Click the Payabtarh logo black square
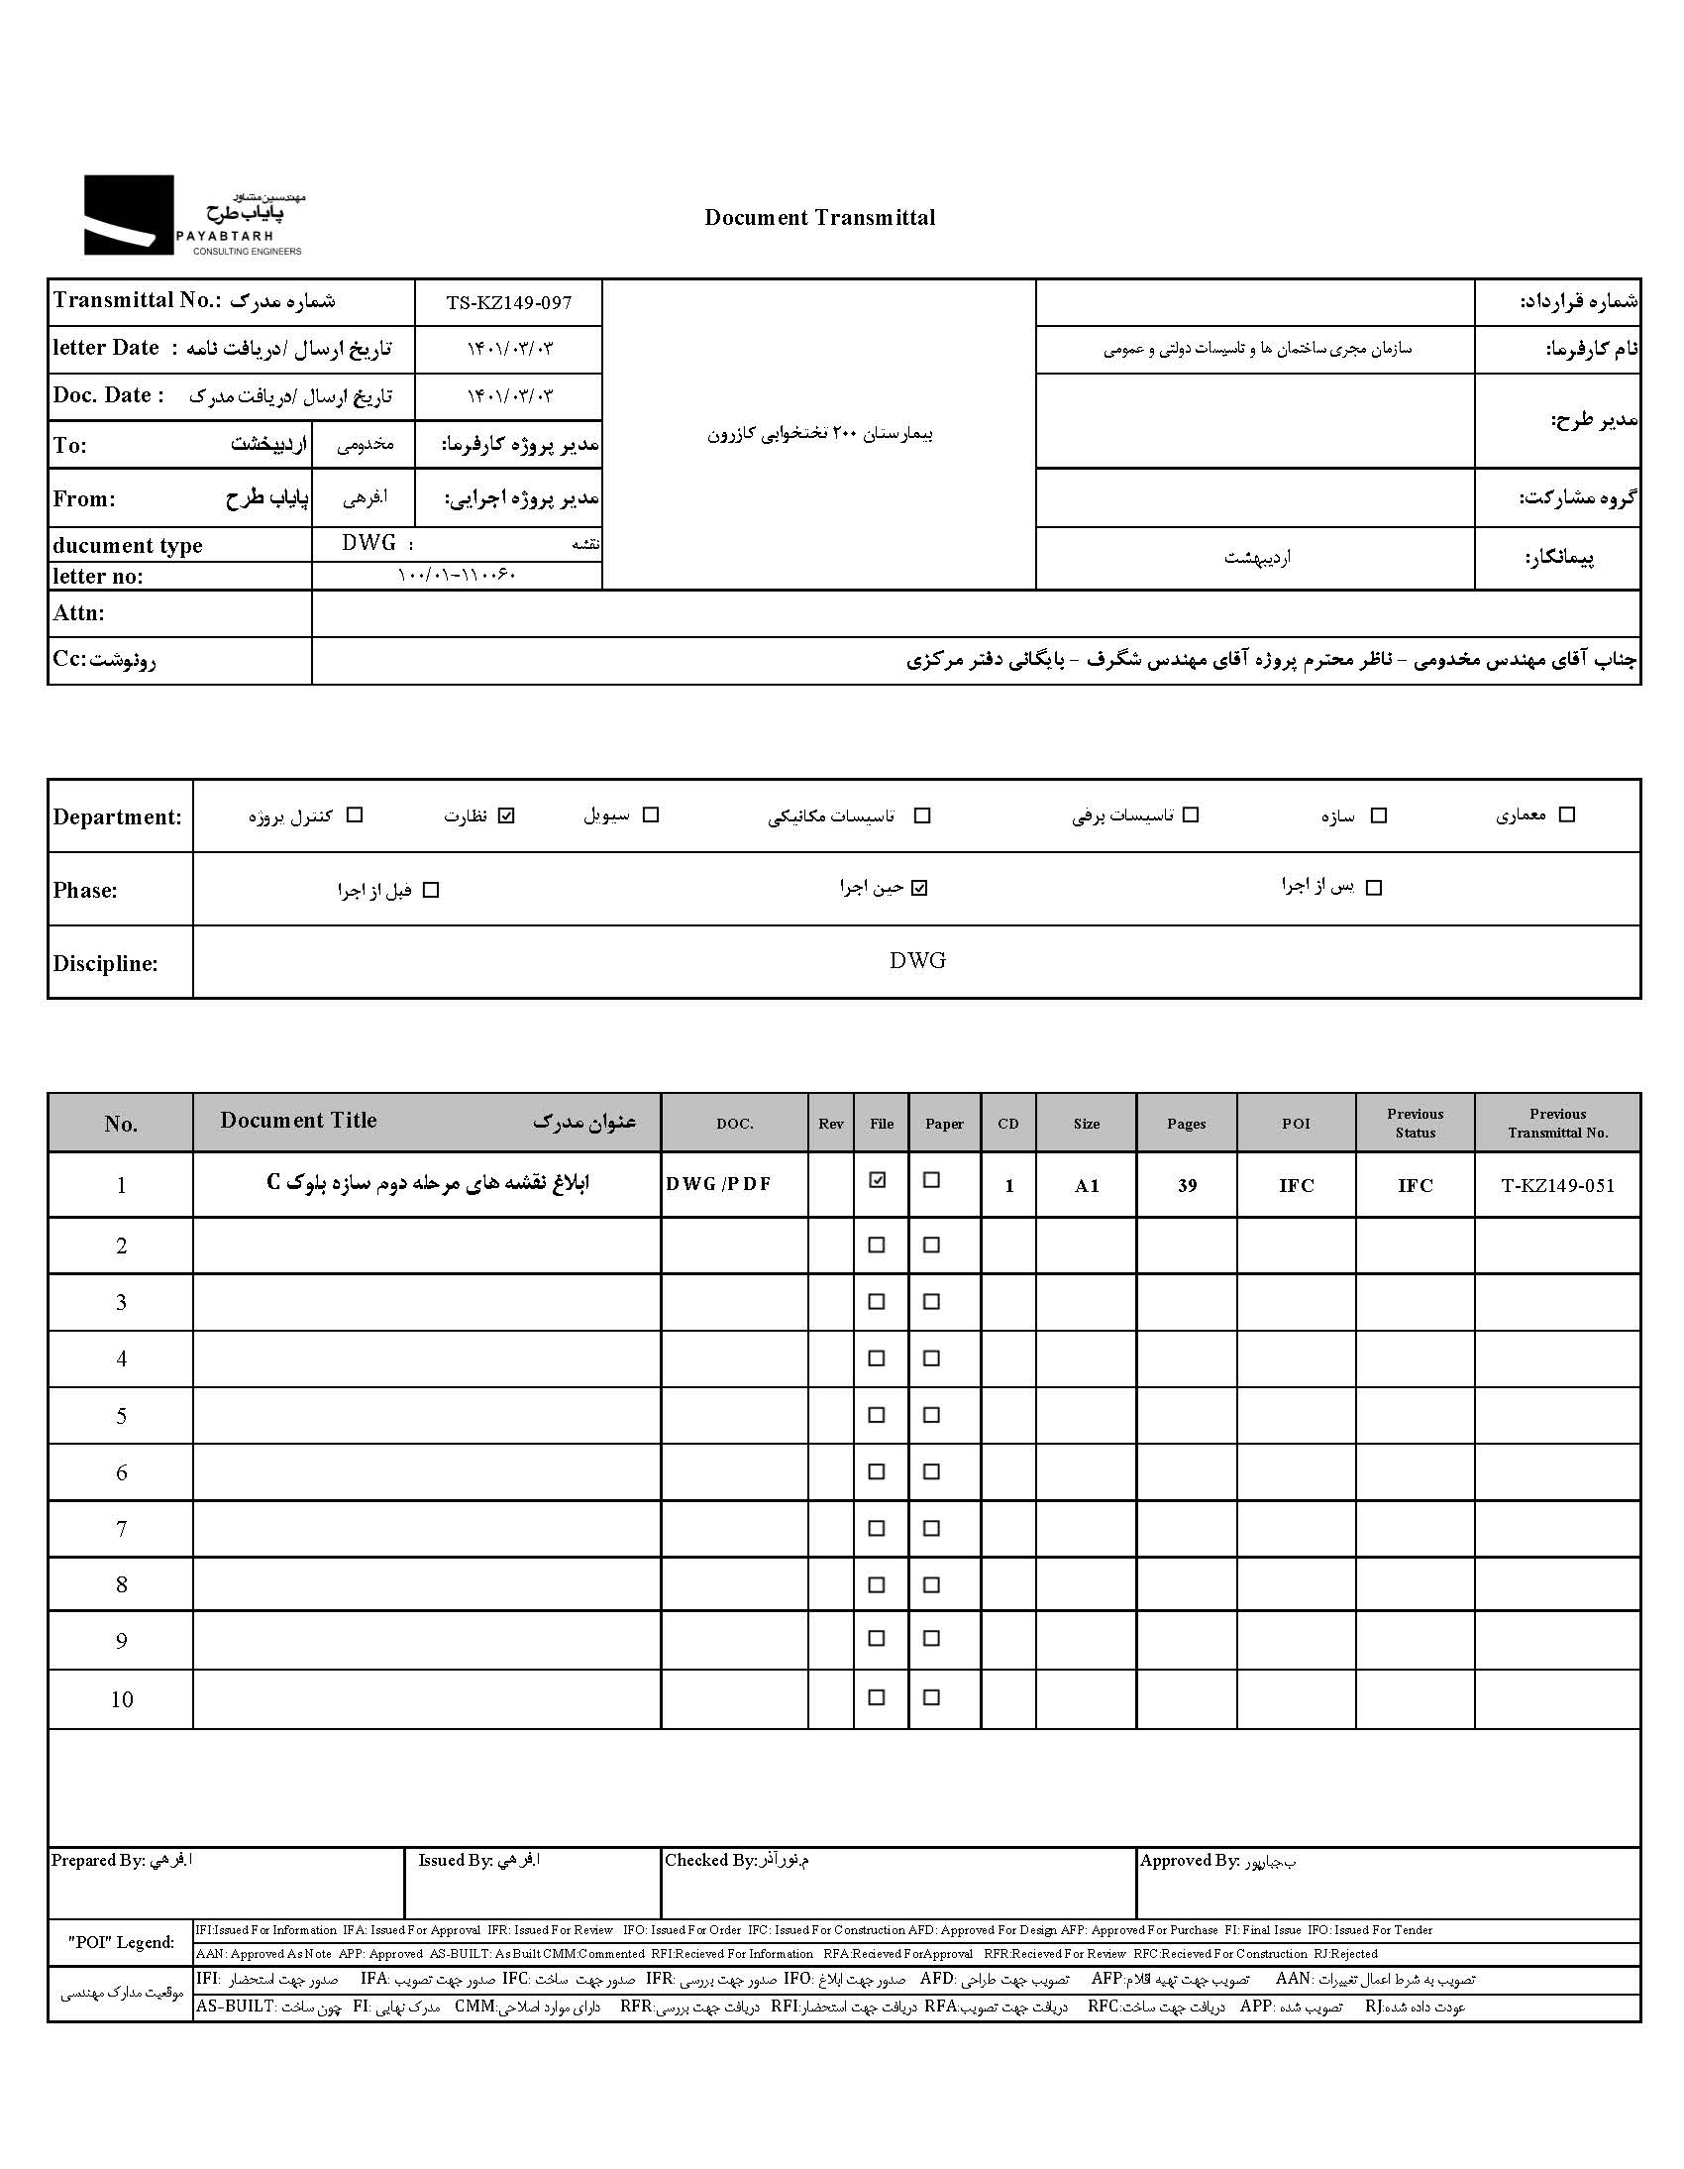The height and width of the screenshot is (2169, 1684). [128, 214]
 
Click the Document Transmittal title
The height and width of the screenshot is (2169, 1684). [819, 218]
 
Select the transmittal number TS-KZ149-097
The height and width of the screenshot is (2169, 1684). [508, 303]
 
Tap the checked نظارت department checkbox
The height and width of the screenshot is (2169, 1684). [506, 815]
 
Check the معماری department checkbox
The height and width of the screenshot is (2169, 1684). [1567, 814]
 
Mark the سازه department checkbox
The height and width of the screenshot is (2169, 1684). [1378, 815]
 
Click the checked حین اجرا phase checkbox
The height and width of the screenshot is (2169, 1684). [919, 888]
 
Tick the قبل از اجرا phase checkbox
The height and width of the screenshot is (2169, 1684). [430, 890]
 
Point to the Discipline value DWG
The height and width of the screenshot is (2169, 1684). [917, 960]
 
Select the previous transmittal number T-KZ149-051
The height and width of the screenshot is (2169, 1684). [1557, 1185]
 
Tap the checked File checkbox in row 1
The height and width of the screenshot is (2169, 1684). [877, 1180]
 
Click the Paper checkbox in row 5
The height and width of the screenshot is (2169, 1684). [931, 1414]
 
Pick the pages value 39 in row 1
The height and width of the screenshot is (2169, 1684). [1187, 1185]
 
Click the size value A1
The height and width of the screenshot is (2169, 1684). [1087, 1185]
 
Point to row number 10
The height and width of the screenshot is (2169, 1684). [121, 1699]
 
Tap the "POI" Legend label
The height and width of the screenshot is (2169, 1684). [121, 1942]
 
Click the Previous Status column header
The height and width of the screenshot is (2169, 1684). [1415, 1124]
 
